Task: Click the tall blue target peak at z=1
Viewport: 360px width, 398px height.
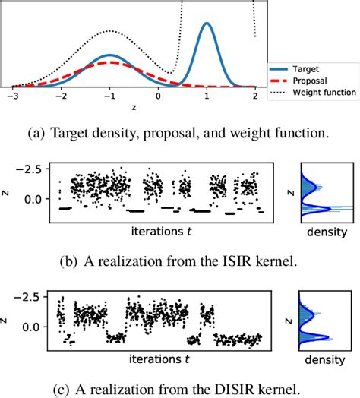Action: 206,24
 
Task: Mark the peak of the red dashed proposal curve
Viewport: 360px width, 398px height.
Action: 109,62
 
